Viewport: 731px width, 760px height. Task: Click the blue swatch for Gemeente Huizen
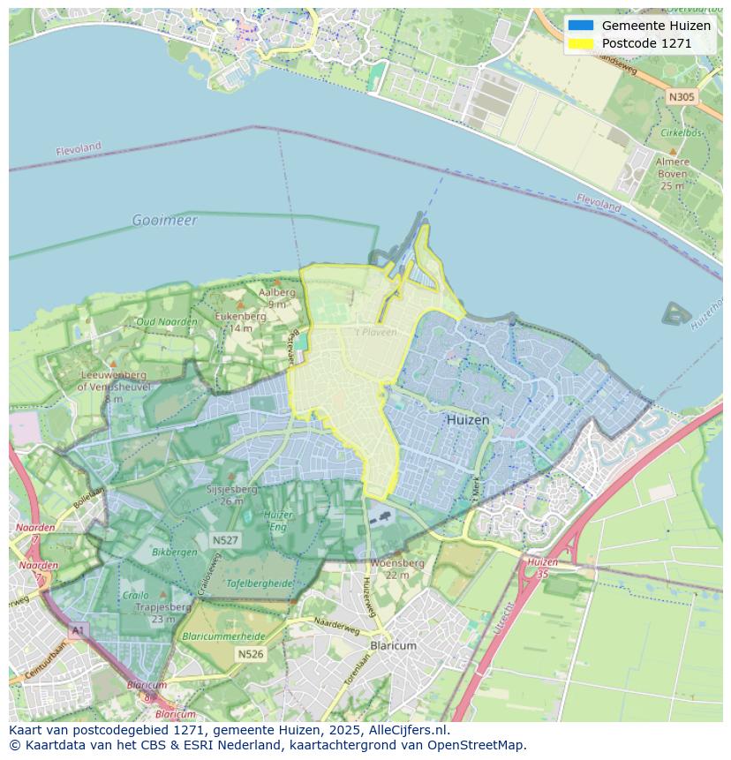tap(581, 26)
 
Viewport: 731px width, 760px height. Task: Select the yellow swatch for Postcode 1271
tap(581, 43)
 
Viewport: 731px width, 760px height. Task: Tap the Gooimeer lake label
tap(165, 220)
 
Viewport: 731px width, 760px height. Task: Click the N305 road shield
tap(681, 97)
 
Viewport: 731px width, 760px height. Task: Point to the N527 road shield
tap(224, 539)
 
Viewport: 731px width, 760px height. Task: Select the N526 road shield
tap(250, 654)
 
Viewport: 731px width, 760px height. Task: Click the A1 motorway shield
tap(78, 630)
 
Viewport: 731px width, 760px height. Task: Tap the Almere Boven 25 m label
tap(672, 174)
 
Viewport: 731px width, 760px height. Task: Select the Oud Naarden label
tap(167, 321)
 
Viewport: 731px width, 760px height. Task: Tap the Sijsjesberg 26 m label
tap(231, 494)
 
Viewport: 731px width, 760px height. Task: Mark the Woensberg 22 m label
tap(397, 568)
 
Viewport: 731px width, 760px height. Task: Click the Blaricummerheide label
tap(222, 636)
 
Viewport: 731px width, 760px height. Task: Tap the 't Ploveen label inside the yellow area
tap(375, 333)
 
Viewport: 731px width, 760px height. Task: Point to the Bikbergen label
tap(175, 552)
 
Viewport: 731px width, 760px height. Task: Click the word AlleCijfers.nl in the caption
tap(403, 730)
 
